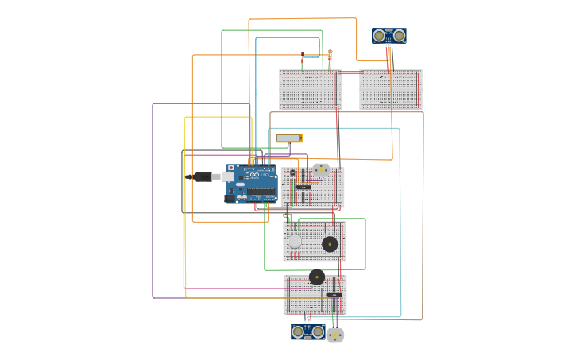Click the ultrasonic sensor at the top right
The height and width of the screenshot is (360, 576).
coord(389,36)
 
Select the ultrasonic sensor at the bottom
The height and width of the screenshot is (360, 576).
coord(307,331)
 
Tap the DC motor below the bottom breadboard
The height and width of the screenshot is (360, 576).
coord(335,335)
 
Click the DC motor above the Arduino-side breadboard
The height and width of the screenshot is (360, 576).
coord(321,169)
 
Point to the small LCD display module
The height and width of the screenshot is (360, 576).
coord(288,138)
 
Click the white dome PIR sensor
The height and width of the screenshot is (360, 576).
coord(295,241)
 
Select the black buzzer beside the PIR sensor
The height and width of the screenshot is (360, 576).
coord(330,244)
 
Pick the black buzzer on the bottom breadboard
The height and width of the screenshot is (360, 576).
coord(317,277)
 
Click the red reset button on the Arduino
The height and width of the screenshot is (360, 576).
coord(231,168)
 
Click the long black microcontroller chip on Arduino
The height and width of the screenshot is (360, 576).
coord(260,192)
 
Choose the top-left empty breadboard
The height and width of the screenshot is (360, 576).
coord(310,90)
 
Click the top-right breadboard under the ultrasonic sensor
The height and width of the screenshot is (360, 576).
coord(390,90)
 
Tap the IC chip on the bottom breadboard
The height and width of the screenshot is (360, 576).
coord(334,295)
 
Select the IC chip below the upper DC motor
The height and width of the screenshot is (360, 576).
coord(303,187)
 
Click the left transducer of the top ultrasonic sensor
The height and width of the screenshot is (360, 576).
coord(380,36)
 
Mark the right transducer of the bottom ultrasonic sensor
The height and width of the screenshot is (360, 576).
coord(317,331)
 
